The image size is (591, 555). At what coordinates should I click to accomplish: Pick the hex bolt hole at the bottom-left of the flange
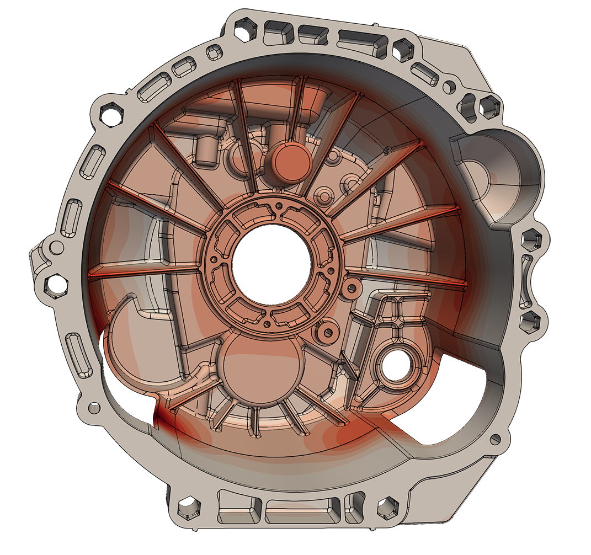tap(188, 505)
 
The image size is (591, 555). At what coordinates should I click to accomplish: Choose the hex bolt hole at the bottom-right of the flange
tap(387, 504)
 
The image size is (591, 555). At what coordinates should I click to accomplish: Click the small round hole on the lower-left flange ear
tap(95, 408)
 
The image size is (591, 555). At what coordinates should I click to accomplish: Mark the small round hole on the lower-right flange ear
tap(495, 439)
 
